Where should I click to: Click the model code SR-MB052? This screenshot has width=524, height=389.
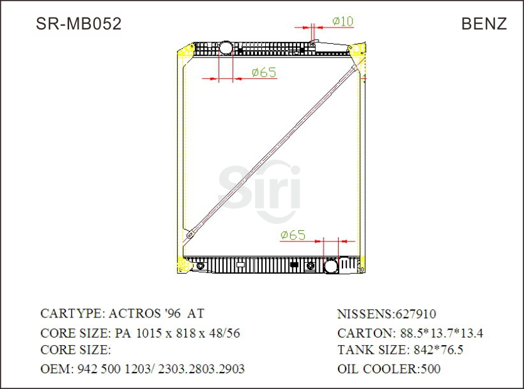point(79,24)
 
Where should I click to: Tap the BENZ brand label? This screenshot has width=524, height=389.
point(484,24)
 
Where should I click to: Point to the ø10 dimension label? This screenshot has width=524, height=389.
point(342,21)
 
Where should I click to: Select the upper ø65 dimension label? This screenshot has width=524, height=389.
point(264,73)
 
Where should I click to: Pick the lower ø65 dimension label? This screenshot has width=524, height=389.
point(293,235)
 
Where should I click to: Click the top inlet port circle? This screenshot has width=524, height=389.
point(226,47)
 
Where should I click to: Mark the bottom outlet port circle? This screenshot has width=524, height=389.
point(330,266)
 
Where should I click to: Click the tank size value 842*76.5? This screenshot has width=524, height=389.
point(438,350)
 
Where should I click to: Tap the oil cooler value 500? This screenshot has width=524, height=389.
point(430,369)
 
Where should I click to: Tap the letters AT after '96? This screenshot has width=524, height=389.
point(195,314)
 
